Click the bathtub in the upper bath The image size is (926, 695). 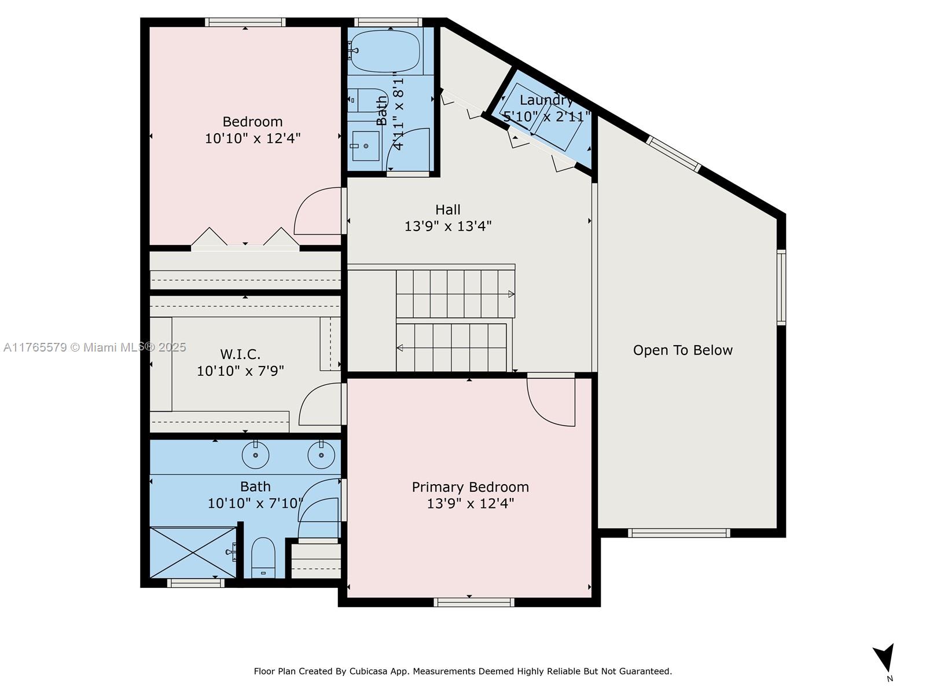click(x=385, y=51)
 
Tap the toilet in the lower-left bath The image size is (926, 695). click(x=263, y=557)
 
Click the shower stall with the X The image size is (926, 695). click(x=193, y=552)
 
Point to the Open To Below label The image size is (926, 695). click(x=682, y=350)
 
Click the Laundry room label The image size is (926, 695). click(x=546, y=101)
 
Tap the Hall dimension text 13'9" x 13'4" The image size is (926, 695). click(x=447, y=226)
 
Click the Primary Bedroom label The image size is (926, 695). click(x=470, y=487)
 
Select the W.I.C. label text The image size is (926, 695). click(x=240, y=354)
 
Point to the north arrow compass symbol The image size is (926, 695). click(x=885, y=659)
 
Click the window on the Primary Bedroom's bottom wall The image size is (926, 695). click(x=473, y=602)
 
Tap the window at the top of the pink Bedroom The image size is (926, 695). click(x=245, y=23)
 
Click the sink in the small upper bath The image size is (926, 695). click(x=366, y=146)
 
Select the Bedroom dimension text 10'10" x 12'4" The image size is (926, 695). click(x=252, y=138)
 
